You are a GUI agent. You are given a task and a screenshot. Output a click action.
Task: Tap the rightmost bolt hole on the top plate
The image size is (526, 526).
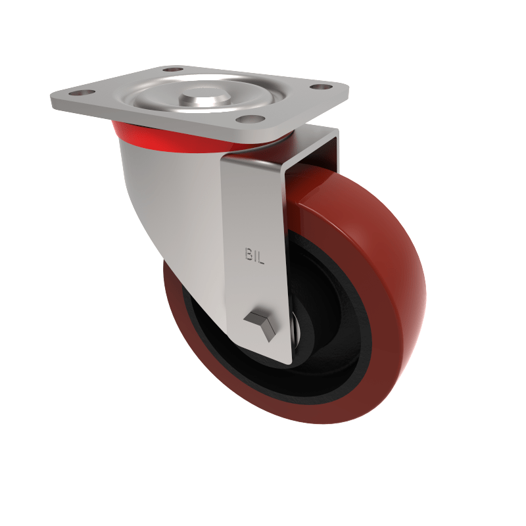(320, 87)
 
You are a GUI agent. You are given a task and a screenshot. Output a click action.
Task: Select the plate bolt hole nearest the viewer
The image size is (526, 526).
(248, 119)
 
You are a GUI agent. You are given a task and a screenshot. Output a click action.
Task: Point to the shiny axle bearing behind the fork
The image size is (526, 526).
(297, 329)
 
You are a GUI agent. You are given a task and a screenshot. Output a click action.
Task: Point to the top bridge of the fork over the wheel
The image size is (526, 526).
(309, 148)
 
